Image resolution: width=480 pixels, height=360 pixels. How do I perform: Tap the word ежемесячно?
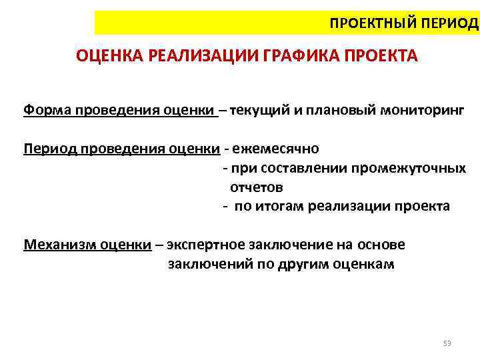pos(276,147)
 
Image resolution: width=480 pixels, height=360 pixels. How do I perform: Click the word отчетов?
pos(257,187)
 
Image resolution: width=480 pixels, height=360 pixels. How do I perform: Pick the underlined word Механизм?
pos(59,245)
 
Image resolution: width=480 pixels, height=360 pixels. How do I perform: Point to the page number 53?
pos(447,343)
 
